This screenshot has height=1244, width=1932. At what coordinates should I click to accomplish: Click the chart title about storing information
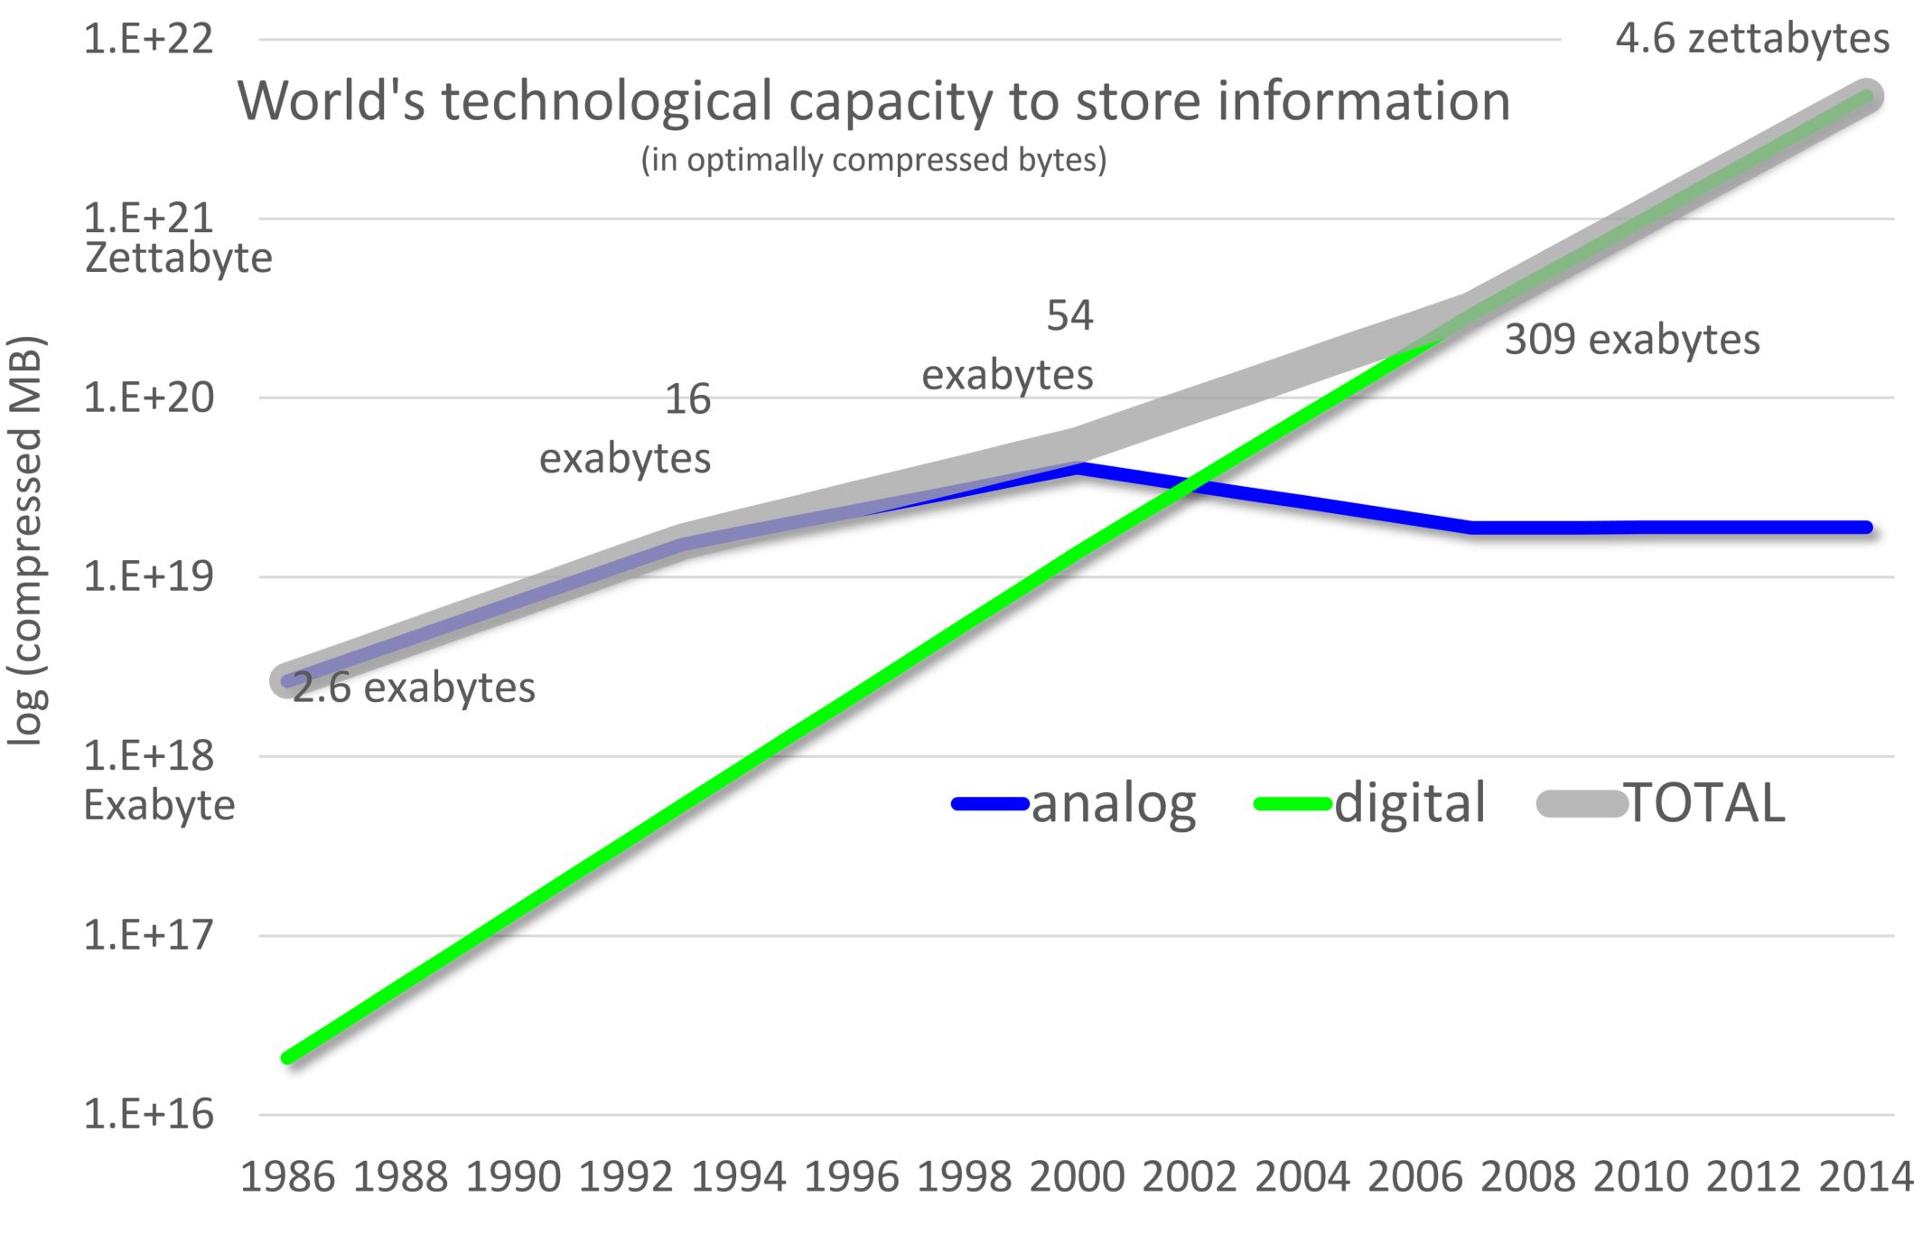coord(873,100)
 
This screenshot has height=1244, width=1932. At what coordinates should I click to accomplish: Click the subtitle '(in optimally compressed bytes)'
coord(873,160)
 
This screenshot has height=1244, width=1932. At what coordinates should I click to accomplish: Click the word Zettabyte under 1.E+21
coord(178,258)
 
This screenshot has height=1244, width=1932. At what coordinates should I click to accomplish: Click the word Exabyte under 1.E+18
coord(159,805)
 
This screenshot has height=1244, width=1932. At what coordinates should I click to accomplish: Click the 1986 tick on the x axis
coord(287,1177)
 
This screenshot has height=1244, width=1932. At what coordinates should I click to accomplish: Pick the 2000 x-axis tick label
coord(1078,1177)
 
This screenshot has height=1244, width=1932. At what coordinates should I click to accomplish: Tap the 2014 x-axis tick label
coord(1866,1177)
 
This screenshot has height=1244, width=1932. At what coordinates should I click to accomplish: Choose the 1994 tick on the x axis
coord(739,1177)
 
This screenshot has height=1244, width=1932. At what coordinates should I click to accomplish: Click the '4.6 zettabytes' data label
coord(1752,40)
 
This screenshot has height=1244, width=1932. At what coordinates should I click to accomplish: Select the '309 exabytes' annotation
coord(1632,341)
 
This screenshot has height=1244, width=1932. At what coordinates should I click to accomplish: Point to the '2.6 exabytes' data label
coord(414,688)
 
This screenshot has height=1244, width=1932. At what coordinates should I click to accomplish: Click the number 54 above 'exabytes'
coord(1069,316)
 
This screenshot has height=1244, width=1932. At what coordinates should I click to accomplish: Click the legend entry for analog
coord(1075,803)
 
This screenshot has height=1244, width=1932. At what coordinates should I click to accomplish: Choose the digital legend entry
coord(1371,803)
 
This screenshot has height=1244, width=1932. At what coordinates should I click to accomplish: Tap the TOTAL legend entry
coord(1662,803)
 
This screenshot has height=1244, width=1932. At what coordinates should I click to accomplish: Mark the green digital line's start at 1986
coord(288,1057)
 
